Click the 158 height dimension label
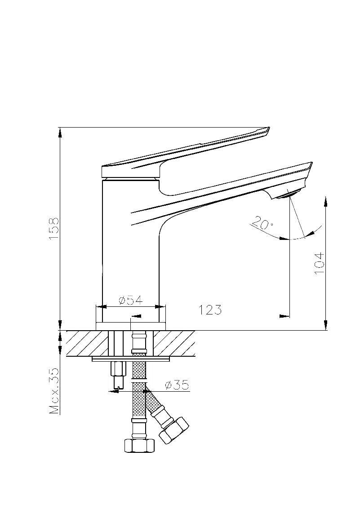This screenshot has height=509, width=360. (x=54, y=229)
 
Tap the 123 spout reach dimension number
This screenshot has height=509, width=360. (x=210, y=310)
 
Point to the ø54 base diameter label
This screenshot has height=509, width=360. (x=131, y=301)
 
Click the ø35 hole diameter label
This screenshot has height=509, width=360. (x=177, y=385)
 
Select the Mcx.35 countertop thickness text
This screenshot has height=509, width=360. (x=54, y=391)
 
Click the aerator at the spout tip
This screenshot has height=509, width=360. (x=287, y=195)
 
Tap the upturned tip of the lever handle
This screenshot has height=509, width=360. (x=267, y=130)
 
